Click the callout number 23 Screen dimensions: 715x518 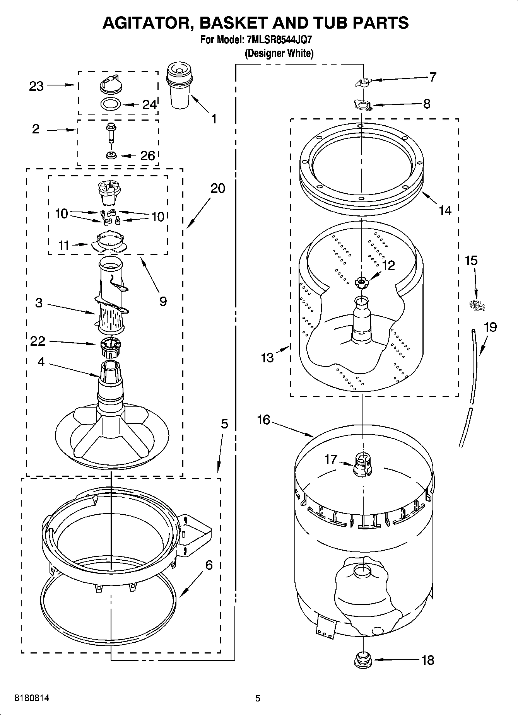pyautogui.click(x=36, y=86)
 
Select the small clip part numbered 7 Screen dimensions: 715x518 pyautogui.click(x=363, y=82)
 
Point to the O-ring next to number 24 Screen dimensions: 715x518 pyautogui.click(x=110, y=104)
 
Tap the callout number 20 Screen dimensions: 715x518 pyautogui.click(x=218, y=188)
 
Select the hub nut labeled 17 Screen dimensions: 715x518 pyautogui.click(x=363, y=463)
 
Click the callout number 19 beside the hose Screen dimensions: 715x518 pyautogui.click(x=490, y=327)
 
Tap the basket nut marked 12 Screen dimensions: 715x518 pyautogui.click(x=361, y=283)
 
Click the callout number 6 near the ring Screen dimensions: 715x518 pyautogui.click(x=209, y=565)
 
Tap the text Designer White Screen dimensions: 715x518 pyautogui.click(x=279, y=53)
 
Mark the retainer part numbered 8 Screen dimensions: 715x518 pyautogui.click(x=363, y=105)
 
